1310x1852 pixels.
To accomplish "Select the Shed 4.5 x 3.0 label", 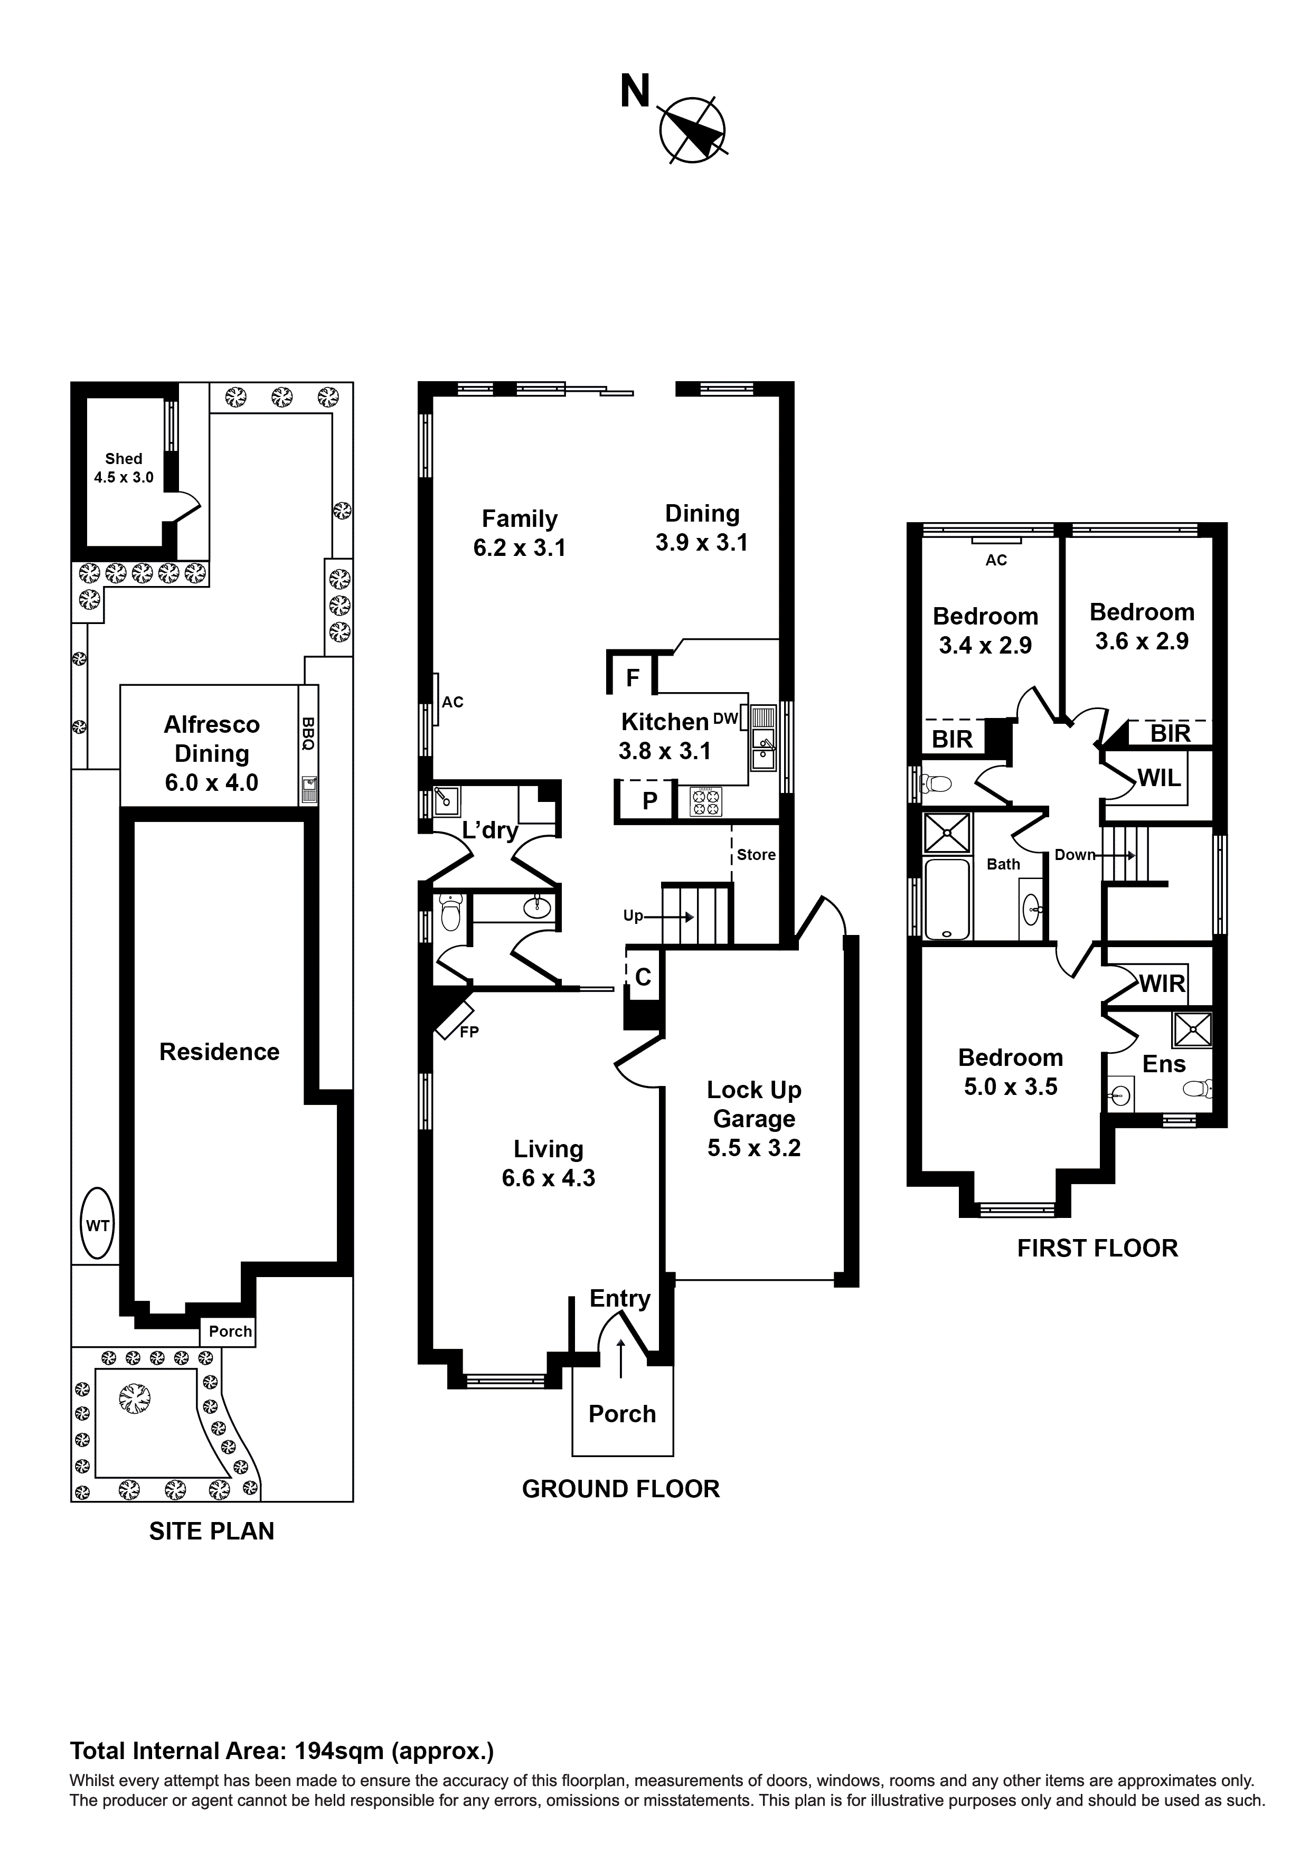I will pyautogui.click(x=124, y=468).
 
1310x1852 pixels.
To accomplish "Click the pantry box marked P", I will pyautogui.click(x=649, y=800).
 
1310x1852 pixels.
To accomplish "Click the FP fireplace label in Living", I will pyautogui.click(x=469, y=1031).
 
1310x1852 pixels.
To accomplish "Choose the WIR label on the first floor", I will pyautogui.click(x=1162, y=983).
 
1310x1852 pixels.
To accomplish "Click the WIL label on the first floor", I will pyautogui.click(x=1159, y=778).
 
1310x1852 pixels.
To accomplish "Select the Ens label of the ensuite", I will pyautogui.click(x=1164, y=1064).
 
